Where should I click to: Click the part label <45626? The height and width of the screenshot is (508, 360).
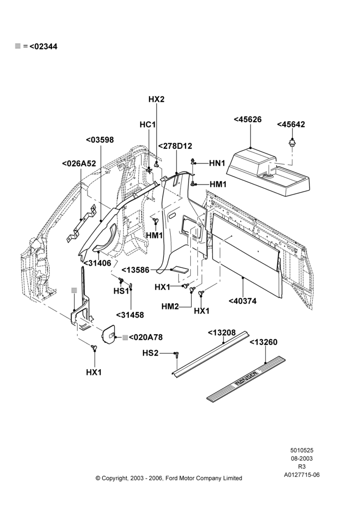[248, 119]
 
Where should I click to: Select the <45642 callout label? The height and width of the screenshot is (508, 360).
[291, 124]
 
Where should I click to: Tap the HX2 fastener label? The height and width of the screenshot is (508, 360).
[156, 99]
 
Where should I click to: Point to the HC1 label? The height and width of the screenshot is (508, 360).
[148, 125]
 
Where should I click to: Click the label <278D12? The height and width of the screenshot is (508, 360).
[175, 146]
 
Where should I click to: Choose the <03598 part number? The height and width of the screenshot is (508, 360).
[100, 140]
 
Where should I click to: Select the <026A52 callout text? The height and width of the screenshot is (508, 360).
[79, 164]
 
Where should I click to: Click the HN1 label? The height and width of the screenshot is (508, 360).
[217, 163]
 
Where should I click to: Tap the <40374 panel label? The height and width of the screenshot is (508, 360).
[243, 301]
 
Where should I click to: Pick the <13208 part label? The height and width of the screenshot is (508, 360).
[222, 333]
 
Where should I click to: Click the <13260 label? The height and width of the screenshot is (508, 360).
[263, 342]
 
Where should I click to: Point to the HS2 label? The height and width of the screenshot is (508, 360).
[151, 353]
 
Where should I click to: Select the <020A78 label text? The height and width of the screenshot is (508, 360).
[145, 337]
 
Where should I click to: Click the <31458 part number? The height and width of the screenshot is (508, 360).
[130, 315]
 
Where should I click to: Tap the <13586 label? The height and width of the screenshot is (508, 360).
[135, 270]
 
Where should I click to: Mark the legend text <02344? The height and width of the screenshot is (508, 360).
[43, 46]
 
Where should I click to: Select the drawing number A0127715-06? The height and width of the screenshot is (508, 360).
[302, 475]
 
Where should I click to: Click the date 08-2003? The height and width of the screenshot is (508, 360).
[302, 458]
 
